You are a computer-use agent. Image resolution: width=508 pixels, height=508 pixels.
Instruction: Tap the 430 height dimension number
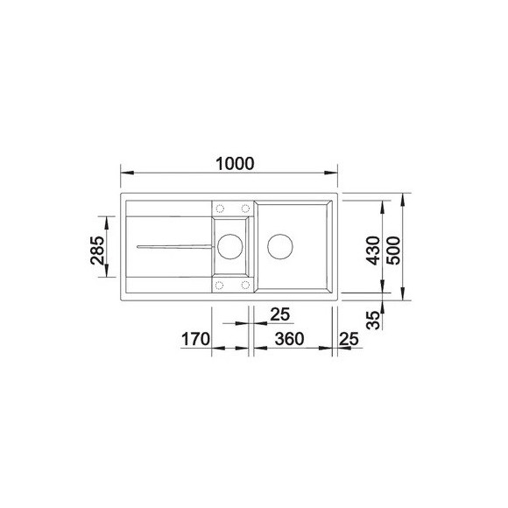click(x=371, y=250)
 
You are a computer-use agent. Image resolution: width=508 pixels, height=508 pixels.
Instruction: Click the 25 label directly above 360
click(x=279, y=313)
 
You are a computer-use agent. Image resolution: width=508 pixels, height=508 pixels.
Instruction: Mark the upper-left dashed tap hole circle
click(x=220, y=209)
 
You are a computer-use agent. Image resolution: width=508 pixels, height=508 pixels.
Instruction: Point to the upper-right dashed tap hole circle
click(x=244, y=209)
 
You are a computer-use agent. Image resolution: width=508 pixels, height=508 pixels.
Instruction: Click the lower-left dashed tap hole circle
click(x=220, y=285)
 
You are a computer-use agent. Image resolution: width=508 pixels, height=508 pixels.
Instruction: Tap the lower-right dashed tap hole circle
click(x=244, y=285)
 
